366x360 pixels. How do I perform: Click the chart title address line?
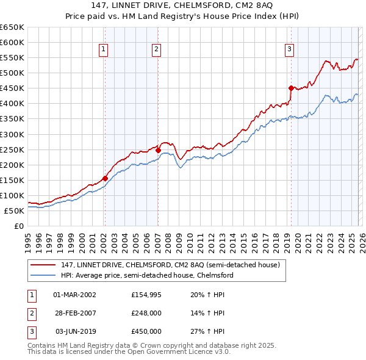tap(183, 5)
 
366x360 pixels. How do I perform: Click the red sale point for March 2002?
tap(105, 178)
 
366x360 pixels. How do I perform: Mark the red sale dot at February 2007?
tap(158, 150)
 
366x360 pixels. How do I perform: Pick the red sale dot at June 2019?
tap(291, 88)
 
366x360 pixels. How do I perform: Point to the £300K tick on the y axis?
tap(12, 134)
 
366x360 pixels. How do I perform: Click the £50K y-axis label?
tap(15, 211)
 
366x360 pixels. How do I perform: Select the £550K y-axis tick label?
tap(12, 58)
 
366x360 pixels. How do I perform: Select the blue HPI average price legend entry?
tap(146, 276)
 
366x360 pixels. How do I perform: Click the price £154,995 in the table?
tap(146, 295)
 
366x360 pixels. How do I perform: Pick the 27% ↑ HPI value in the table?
tap(207, 331)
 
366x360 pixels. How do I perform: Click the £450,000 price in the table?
tap(146, 331)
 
